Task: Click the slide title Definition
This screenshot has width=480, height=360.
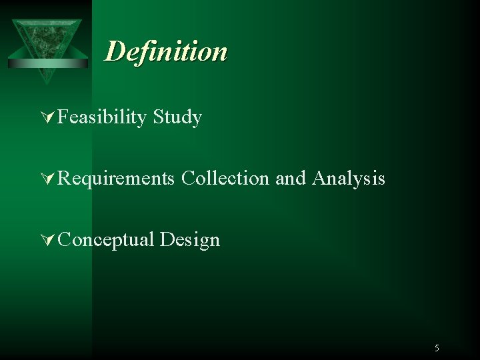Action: (x=166, y=51)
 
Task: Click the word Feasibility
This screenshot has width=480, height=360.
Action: (x=101, y=117)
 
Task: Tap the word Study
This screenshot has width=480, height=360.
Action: (x=177, y=117)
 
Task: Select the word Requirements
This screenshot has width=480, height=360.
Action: (x=116, y=179)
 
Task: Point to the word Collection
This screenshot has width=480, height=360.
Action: (x=225, y=178)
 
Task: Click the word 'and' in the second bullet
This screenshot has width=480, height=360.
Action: (x=290, y=178)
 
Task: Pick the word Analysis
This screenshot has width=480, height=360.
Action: (x=348, y=179)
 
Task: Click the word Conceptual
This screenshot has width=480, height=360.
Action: (x=106, y=239)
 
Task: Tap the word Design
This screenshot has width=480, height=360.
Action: (x=190, y=240)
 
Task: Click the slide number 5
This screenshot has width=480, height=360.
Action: (x=437, y=348)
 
